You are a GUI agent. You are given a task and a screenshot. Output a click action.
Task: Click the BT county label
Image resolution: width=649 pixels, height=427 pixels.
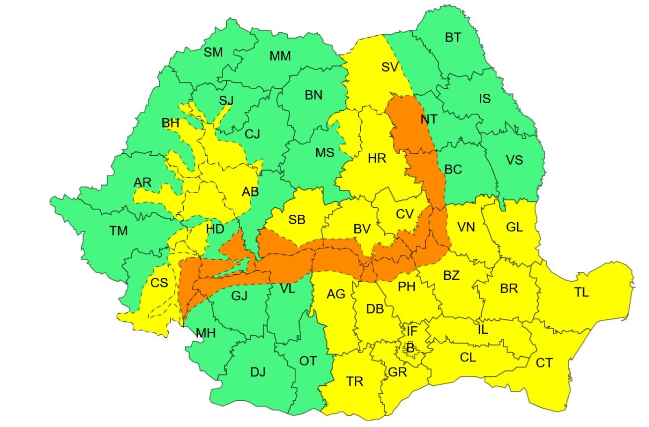pyautogui.click(x=453, y=38)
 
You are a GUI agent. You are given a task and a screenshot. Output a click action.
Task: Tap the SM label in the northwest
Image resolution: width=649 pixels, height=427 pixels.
pyautogui.click(x=214, y=52)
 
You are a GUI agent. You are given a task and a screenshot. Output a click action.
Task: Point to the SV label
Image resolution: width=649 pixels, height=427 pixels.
pyautogui.click(x=389, y=67)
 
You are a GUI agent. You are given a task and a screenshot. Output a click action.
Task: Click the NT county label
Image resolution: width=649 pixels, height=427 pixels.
pyautogui.click(x=429, y=120)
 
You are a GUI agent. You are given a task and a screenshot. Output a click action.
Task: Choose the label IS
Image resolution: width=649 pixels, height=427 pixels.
pyautogui.click(x=484, y=99)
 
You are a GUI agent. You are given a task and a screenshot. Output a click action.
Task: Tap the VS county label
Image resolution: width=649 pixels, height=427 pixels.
pyautogui.click(x=514, y=160)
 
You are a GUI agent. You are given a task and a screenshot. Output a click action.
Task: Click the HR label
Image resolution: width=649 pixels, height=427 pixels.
pyautogui.click(x=377, y=159)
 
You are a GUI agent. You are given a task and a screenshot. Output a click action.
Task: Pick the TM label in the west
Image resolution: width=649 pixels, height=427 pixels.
pyautogui.click(x=119, y=231)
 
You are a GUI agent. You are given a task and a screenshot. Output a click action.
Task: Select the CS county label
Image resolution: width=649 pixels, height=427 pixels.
pyautogui.click(x=159, y=283)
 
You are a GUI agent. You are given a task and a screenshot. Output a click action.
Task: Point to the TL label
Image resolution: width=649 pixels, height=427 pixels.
pyautogui.click(x=582, y=293)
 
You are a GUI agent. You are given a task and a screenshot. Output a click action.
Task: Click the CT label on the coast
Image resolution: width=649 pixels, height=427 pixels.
pyautogui.click(x=544, y=363)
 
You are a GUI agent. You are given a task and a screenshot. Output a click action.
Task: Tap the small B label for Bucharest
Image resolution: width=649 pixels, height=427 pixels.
pyautogui.click(x=410, y=348)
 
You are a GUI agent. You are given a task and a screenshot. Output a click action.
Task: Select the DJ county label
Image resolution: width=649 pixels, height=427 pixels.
pyautogui.click(x=258, y=371)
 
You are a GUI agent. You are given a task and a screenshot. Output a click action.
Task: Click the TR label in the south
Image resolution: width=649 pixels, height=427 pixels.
pyautogui.click(x=355, y=381)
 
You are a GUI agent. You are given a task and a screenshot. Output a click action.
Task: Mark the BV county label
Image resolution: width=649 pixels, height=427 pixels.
pyautogui.click(x=362, y=230)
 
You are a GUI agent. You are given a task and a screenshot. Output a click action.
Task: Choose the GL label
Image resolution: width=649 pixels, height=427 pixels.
pyautogui.click(x=515, y=228)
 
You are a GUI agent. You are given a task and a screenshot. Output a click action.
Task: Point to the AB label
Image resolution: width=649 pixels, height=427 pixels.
pyautogui.click(x=250, y=191)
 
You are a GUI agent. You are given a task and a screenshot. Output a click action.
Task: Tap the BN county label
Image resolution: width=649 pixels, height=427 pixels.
pyautogui.click(x=314, y=95)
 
